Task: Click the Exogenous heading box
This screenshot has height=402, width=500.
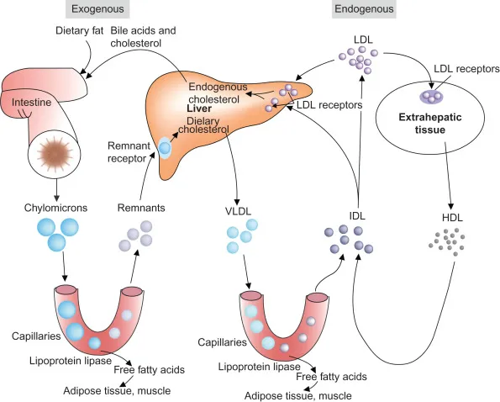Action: pos(94,9)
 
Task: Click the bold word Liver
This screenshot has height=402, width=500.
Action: pos(199,109)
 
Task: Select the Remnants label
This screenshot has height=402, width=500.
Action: pos(137,207)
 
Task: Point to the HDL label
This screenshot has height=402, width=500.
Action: pos(453,218)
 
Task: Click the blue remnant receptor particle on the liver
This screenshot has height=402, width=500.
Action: pos(165,148)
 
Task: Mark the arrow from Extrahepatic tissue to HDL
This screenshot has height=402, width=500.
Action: pos(452,185)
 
